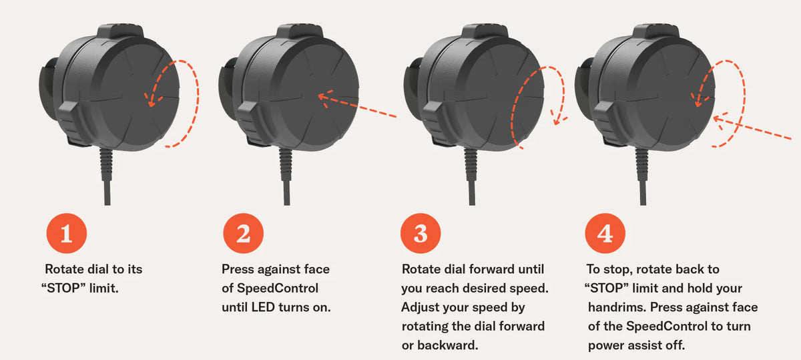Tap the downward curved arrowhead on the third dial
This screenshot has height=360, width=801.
coord(555,121)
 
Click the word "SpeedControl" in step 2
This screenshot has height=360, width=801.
coord(273,289)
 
